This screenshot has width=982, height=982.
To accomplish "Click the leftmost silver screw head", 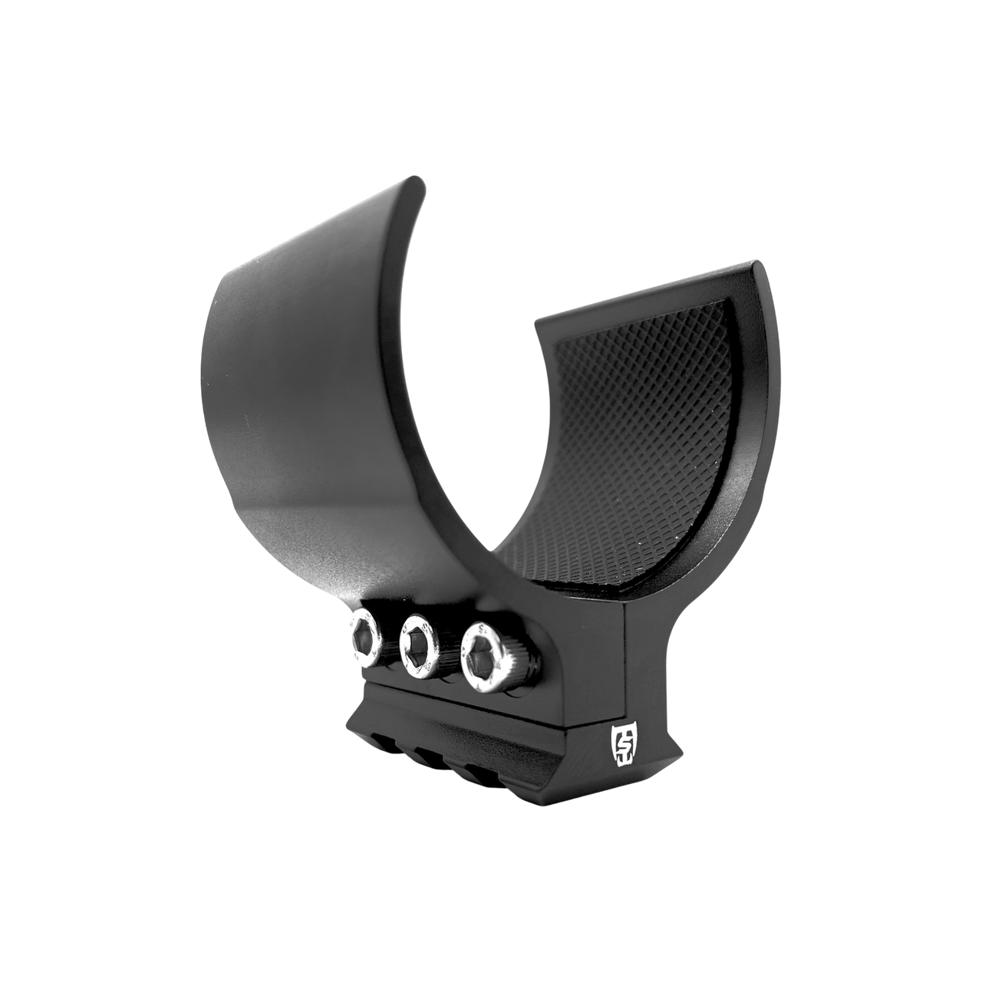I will click(364, 636).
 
